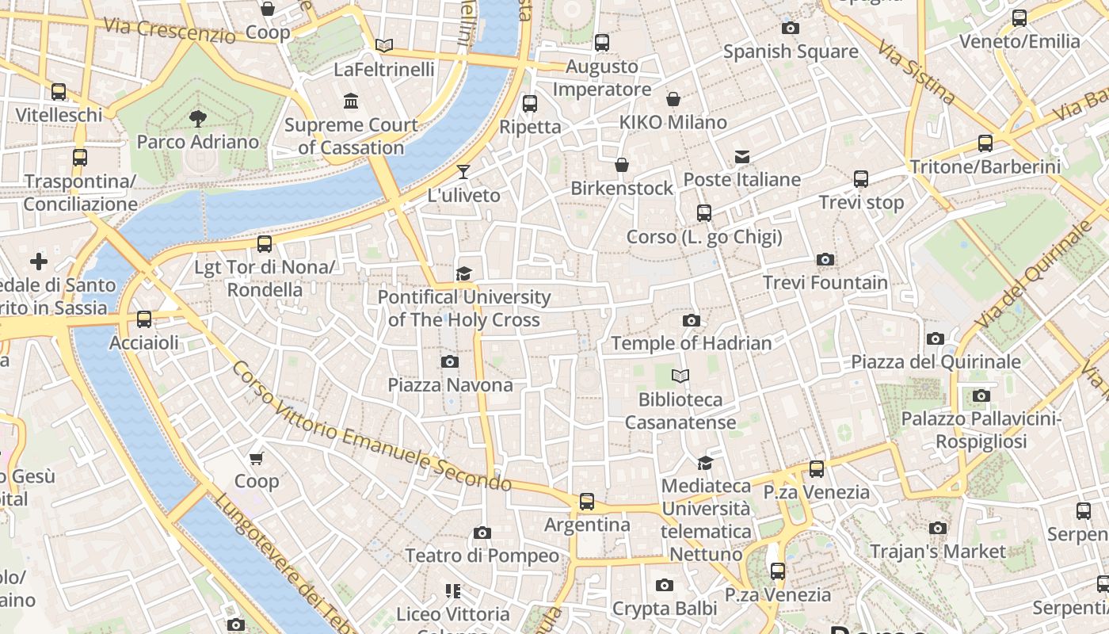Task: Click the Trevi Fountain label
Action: coord(825,283)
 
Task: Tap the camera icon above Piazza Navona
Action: coord(450,362)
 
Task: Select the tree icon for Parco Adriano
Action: coord(197,119)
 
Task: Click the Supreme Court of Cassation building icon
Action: coord(351,101)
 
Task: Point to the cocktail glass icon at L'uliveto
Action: coord(463,172)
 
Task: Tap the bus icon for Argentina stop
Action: coord(586,502)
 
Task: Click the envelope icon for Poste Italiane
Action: coord(742,157)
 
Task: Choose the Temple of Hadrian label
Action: coord(691,343)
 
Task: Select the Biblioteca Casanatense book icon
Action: coord(680,376)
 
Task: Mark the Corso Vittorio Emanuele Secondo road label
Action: coord(372,426)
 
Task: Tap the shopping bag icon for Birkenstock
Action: coord(622,165)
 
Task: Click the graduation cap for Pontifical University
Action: coord(463,274)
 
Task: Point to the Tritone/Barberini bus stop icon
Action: coord(985,143)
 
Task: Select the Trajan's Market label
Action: coord(938,551)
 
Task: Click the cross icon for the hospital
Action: coord(38,262)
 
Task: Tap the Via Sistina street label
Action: coord(916,72)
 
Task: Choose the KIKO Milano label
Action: coord(673,122)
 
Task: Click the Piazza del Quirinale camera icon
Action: coord(936,339)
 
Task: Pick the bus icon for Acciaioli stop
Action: coord(144,319)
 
